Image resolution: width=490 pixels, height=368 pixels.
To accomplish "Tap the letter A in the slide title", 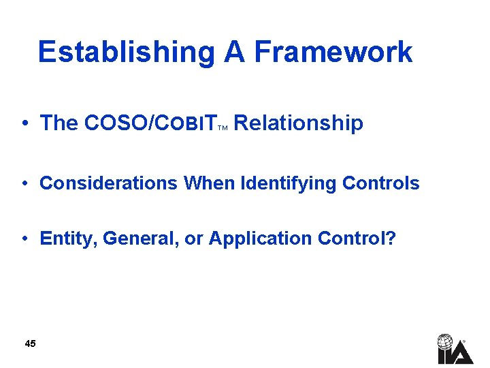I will [x=234, y=52].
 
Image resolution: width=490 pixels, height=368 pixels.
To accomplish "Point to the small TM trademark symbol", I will [x=223, y=127].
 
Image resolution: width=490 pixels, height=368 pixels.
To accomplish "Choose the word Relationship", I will [x=298, y=123].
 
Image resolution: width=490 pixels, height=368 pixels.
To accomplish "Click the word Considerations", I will [x=109, y=183].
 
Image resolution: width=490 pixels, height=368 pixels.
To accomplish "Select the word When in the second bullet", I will [x=207, y=183].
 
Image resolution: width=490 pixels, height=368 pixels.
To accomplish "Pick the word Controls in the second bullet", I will [x=381, y=183].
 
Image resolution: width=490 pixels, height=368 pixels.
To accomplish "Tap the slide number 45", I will [x=30, y=343].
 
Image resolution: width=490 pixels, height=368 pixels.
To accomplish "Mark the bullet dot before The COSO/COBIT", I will [x=24, y=124].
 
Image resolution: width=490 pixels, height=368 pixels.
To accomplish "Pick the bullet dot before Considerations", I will [x=24, y=184].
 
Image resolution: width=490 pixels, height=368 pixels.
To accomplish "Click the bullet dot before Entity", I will [x=24, y=239].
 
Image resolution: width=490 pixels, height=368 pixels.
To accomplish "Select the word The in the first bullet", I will [x=59, y=123].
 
